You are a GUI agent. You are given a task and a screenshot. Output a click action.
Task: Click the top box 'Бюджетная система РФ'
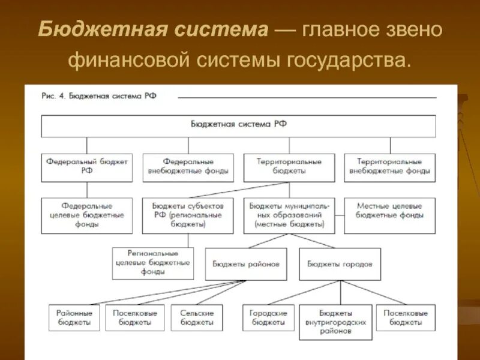pyautogui.click(x=238, y=125)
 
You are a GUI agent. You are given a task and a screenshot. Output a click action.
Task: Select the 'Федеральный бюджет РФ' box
pyautogui.click(x=86, y=166)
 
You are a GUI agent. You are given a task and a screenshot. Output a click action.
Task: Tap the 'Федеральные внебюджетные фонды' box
pyautogui.click(x=188, y=166)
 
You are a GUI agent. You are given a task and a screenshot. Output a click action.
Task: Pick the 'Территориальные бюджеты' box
pyautogui.click(x=289, y=166)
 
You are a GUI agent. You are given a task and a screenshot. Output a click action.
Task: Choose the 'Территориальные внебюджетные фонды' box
pyautogui.click(x=390, y=166)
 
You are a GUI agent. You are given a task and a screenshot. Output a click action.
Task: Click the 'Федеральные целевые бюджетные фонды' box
pyautogui.click(x=86, y=215)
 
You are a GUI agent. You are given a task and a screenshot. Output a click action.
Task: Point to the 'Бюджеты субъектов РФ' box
pyautogui.click(x=188, y=215)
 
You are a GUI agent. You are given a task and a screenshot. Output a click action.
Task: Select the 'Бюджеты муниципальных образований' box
pyautogui.click(x=289, y=215)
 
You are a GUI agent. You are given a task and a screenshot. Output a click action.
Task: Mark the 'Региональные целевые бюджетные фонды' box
pyautogui.click(x=153, y=263)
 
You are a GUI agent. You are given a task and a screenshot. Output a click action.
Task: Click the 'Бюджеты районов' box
pyautogui.click(x=246, y=263)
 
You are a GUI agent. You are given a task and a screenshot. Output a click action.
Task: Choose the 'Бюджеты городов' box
pyautogui.click(x=340, y=263)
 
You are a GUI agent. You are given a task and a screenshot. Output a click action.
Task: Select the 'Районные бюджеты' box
pyautogui.click(x=74, y=317)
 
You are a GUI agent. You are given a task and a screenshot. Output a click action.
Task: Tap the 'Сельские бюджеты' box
pyautogui.click(x=197, y=317)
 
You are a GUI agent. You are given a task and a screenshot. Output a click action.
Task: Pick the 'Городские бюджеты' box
pyautogui.click(x=268, y=317)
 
